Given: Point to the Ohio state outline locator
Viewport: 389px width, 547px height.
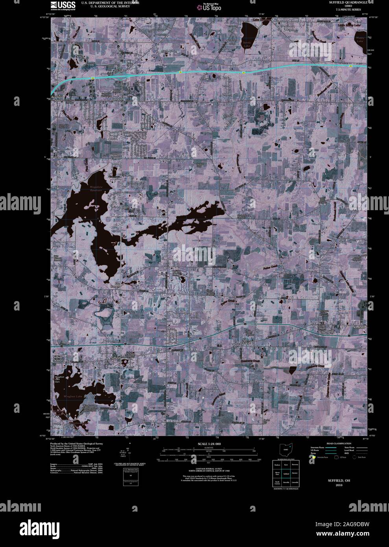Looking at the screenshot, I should pyautogui.click(x=286, y=449).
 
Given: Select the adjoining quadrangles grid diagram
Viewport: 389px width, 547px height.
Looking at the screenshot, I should pyautogui.click(x=286, y=474).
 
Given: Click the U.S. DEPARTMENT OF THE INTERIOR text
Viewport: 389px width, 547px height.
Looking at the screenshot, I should pyautogui.click(x=110, y=2).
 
